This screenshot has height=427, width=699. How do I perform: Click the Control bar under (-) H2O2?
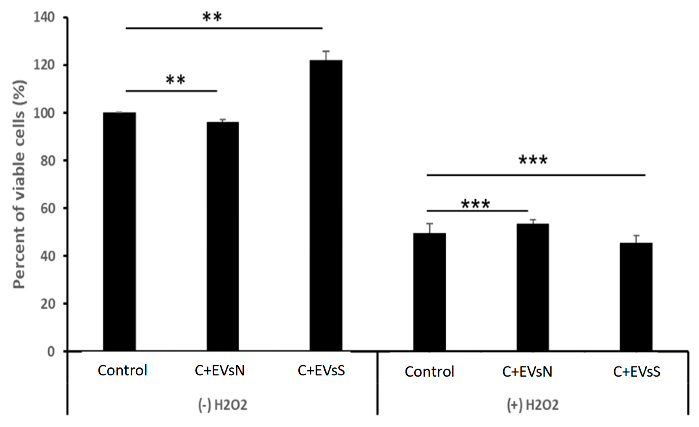click(119, 232)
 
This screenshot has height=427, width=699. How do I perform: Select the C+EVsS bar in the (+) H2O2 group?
click(636, 297)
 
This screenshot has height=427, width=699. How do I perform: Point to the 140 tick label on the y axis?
click(44, 18)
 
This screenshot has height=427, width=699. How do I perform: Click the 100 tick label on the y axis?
click(44, 113)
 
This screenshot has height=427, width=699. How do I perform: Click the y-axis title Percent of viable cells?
click(19, 185)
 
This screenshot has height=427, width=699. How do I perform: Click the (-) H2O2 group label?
click(223, 405)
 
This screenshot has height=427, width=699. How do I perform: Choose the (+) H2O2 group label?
click(533, 405)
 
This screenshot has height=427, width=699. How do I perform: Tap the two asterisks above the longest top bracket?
click(212, 17)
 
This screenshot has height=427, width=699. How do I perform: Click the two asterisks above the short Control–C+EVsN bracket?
click(176, 80)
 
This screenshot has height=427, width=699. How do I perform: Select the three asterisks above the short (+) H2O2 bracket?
click(476, 204)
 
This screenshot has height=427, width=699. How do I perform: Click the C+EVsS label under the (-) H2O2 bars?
click(321, 370)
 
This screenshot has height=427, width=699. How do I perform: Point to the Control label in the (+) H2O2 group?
click(430, 372)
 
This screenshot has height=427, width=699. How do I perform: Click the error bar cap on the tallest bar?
click(326, 51)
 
